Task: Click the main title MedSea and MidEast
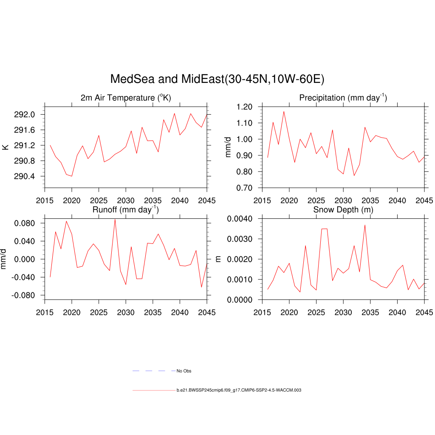(x=217, y=79)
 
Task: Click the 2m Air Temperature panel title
(x=126, y=98)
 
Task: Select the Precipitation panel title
(x=343, y=98)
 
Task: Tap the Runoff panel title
(x=125, y=209)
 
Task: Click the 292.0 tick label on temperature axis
(x=26, y=115)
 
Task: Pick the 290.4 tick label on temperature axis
(x=26, y=176)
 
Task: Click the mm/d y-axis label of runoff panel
(x=4, y=259)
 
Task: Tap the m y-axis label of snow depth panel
(x=219, y=259)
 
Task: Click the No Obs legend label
(x=184, y=371)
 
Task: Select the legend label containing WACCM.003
(x=239, y=390)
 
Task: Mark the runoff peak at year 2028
(x=115, y=219)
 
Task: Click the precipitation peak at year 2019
(x=284, y=111)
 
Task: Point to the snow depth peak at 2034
(x=365, y=225)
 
